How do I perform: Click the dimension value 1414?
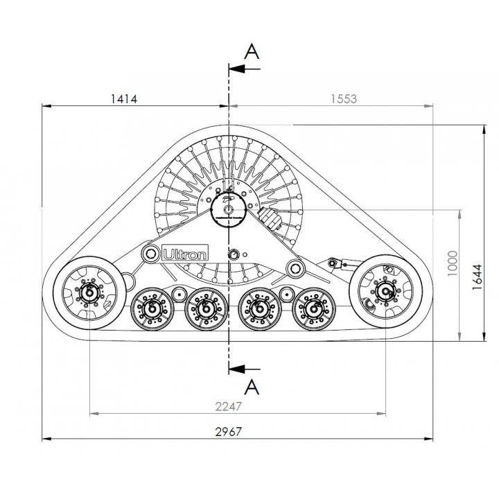pos(124,99)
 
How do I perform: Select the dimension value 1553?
pos(344,99)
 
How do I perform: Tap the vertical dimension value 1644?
pos(477,277)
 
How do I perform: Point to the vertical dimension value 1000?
pos(452,263)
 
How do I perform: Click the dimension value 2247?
pos(229,406)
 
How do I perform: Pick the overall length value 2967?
pos(229,432)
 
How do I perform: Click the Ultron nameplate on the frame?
pos(185,253)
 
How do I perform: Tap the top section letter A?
pos(252,51)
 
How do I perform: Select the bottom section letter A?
pos(252,387)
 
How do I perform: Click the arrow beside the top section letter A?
pos(245,69)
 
